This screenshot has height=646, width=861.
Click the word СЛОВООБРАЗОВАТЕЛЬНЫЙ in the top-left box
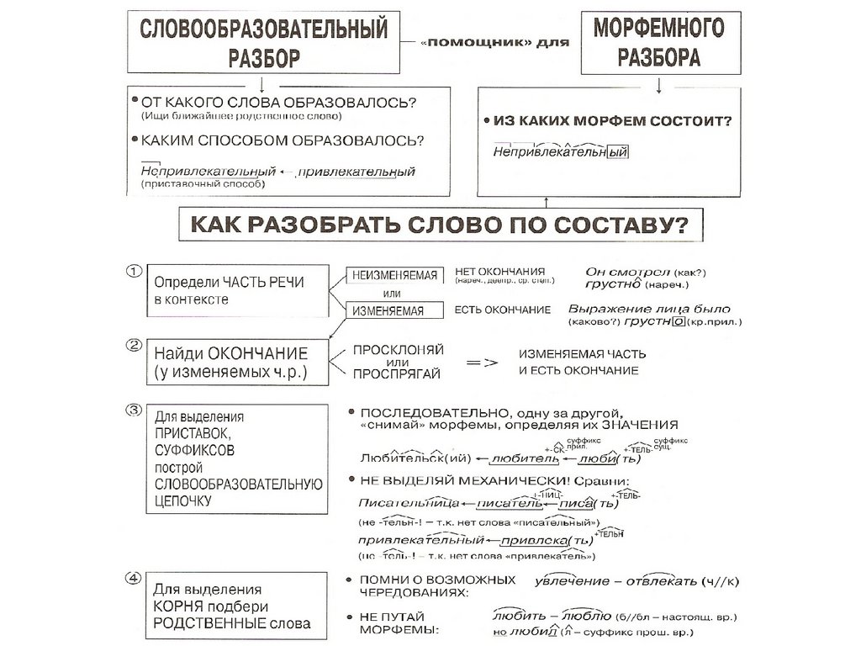(262, 31)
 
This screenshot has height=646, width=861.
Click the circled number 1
(134, 272)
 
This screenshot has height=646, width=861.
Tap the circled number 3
(134, 410)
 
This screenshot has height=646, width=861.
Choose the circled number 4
(134, 578)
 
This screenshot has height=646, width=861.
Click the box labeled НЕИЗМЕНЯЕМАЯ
(394, 276)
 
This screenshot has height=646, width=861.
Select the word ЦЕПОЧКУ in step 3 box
(183, 500)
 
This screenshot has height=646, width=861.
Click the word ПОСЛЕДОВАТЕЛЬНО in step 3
(434, 413)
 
